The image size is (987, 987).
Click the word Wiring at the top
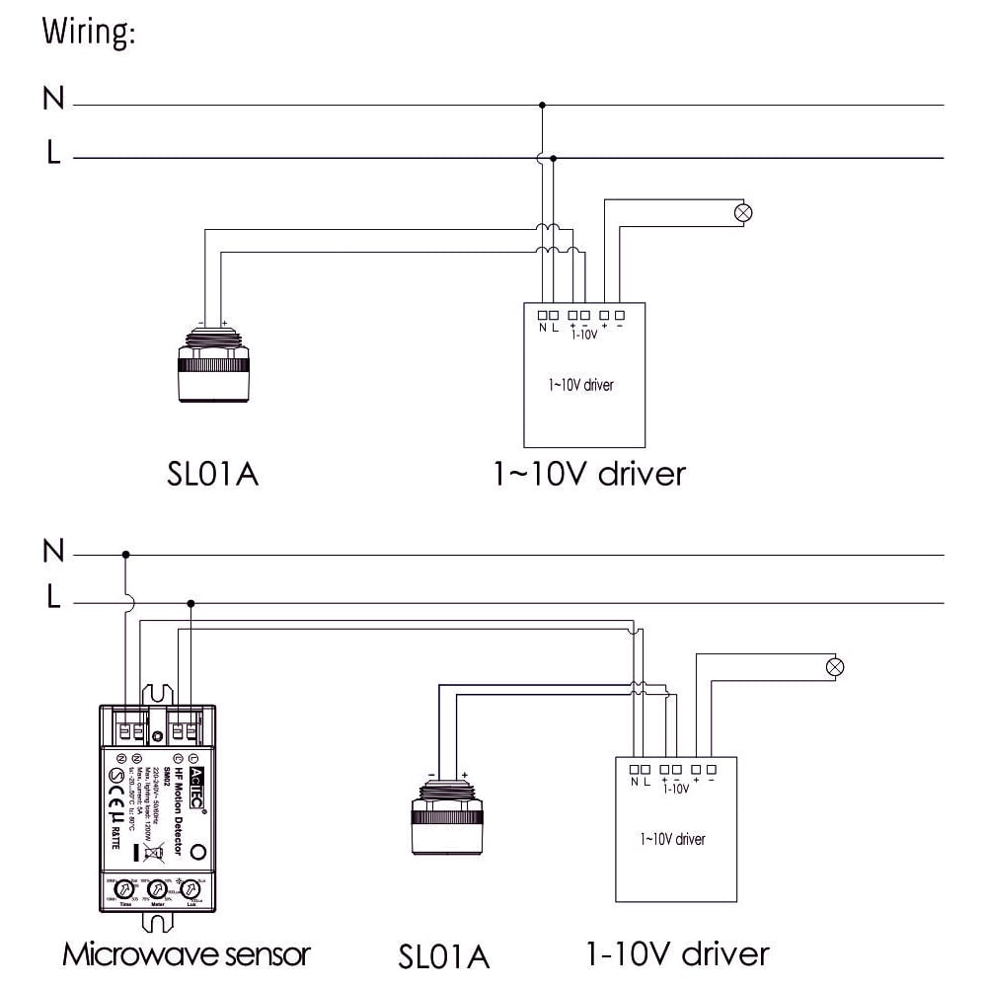click(x=88, y=32)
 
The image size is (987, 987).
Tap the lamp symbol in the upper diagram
click(x=745, y=212)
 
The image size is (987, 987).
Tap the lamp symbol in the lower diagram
click(x=835, y=666)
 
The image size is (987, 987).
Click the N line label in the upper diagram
click(x=53, y=99)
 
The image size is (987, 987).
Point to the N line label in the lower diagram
click(x=53, y=551)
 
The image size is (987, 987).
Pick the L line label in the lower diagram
click(x=53, y=598)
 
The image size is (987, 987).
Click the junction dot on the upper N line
click(x=541, y=104)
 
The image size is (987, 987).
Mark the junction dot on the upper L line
click(x=553, y=157)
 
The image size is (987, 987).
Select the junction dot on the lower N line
click(x=125, y=555)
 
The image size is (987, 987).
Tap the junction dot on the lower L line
click(x=190, y=603)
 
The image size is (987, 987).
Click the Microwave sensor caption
click(x=187, y=954)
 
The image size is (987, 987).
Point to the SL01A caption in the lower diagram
click(x=444, y=956)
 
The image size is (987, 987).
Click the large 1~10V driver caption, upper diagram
click(x=589, y=474)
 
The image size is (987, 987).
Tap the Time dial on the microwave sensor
click(x=125, y=889)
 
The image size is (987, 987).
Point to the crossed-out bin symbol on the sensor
click(x=153, y=855)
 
